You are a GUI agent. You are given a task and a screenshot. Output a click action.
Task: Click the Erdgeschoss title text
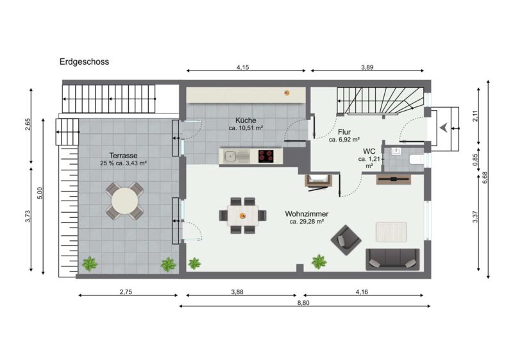pyautogui.click(x=84, y=62)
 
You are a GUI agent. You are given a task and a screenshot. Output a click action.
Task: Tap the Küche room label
pyautogui.click(x=246, y=120)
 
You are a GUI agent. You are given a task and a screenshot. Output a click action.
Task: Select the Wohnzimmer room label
pyautogui.click(x=307, y=214)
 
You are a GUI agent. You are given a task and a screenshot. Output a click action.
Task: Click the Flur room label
pyautogui.click(x=344, y=132)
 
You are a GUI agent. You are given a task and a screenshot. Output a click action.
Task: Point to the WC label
pyautogui.click(x=369, y=151)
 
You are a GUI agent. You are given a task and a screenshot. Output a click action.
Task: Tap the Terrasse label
pyautogui.click(x=123, y=156)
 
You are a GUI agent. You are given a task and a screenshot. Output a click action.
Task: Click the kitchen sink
pyautogui.click(x=236, y=156)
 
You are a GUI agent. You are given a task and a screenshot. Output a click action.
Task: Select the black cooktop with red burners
pyautogui.click(x=266, y=156)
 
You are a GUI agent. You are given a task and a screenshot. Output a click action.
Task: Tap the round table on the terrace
pyautogui.click(x=124, y=201)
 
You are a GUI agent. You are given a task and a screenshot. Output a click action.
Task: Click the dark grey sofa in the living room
pyautogui.click(x=392, y=259)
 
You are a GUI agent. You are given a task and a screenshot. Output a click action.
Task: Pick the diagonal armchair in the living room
pyautogui.click(x=346, y=240)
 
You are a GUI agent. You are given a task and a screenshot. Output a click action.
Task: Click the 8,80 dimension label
pyautogui.click(x=303, y=303)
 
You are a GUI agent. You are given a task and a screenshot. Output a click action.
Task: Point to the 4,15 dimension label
pyautogui.click(x=243, y=67)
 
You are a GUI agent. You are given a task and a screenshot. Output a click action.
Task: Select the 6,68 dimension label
pyautogui.click(x=485, y=177)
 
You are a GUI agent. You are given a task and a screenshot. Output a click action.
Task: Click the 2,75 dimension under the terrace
pyautogui.click(x=126, y=292)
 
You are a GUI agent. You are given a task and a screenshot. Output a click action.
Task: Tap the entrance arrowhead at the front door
pyautogui.click(x=443, y=128)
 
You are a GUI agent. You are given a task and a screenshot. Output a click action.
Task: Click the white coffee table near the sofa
pyautogui.click(x=391, y=232)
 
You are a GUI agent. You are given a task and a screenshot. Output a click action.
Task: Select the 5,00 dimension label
pyautogui.click(x=40, y=193)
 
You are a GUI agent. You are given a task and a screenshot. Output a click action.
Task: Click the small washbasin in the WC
pyautogui.click(x=396, y=151)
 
